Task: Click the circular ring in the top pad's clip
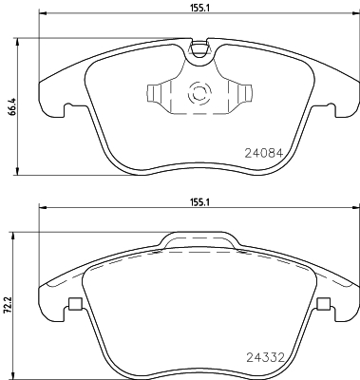[199, 95]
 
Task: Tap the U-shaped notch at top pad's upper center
[199, 47]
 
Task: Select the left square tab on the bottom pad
[73, 305]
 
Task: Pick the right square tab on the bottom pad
[324, 305]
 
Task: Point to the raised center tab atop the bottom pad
[199, 241]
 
